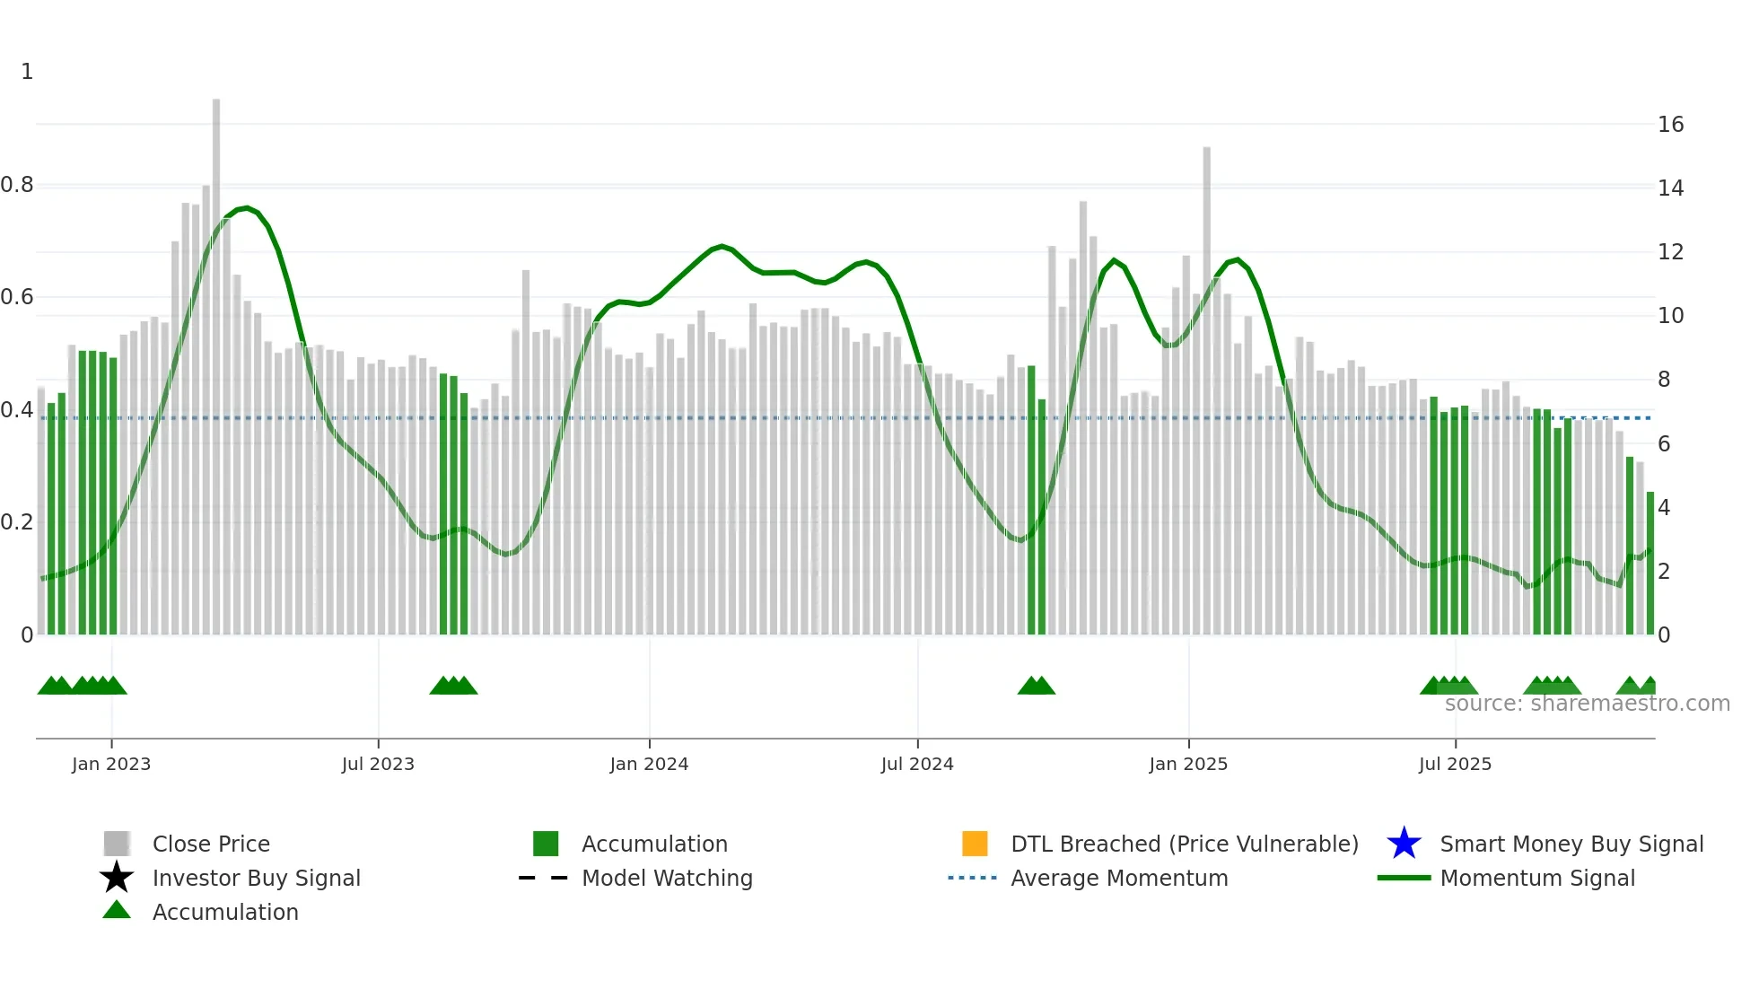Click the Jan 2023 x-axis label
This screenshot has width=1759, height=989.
111,765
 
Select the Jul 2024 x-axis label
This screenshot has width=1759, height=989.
917,765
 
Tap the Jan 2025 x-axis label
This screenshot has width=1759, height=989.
1188,765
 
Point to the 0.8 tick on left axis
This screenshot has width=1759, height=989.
17,185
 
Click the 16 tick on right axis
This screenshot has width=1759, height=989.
1670,125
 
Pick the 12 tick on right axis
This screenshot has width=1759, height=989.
1670,252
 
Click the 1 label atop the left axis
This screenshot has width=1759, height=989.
27,72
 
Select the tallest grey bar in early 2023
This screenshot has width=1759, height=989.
216,359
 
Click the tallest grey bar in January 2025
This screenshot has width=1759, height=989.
1207,386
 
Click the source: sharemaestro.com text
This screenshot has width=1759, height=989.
1587,704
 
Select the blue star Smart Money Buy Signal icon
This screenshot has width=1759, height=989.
1404,844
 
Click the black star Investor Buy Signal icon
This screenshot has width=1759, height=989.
117,878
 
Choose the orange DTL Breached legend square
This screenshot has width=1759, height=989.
975,844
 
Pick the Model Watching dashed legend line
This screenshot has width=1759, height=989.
544,878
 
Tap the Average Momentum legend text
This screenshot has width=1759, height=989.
1119,878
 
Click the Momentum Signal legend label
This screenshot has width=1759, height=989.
1537,878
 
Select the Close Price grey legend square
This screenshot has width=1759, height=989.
117,844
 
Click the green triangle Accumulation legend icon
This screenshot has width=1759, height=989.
117,910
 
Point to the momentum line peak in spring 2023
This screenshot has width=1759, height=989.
247,208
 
